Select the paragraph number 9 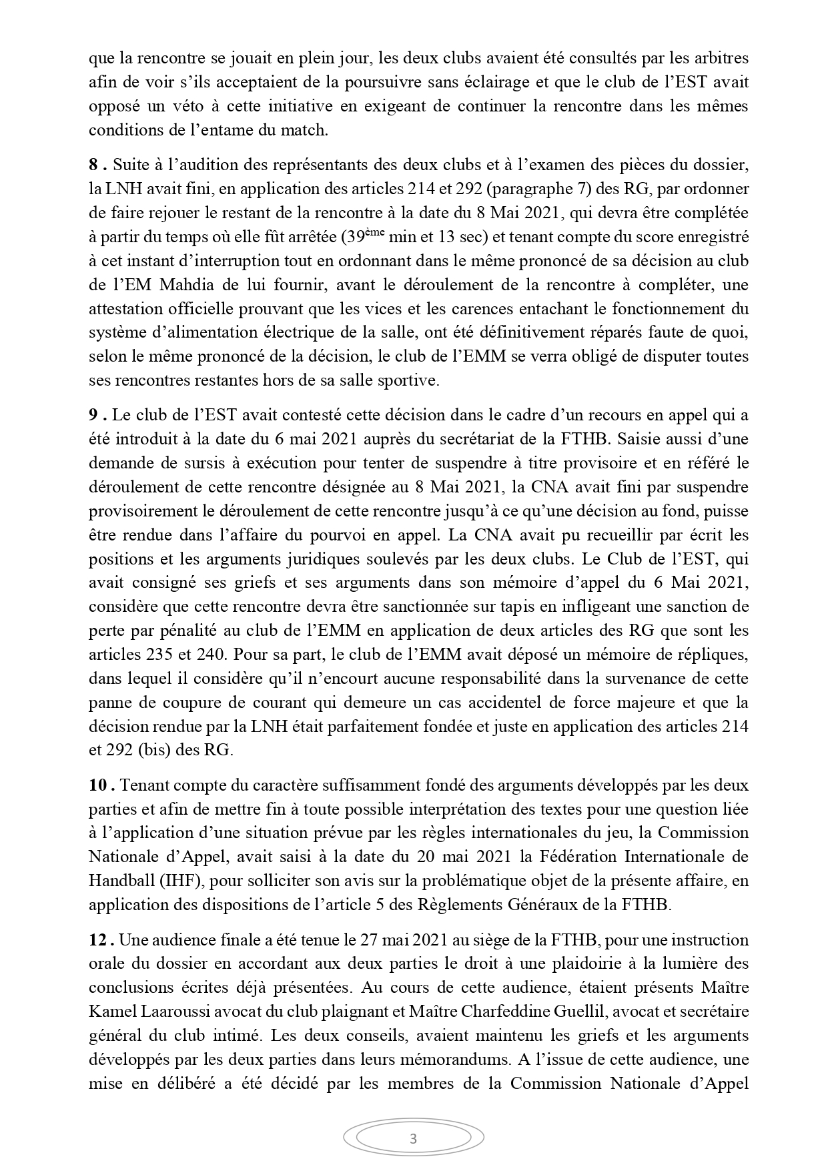pyautogui.click(x=94, y=415)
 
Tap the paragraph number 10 pyautogui.click(x=98, y=785)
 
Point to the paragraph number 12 pyautogui.click(x=98, y=940)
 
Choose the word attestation pyautogui.click(x=123, y=309)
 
